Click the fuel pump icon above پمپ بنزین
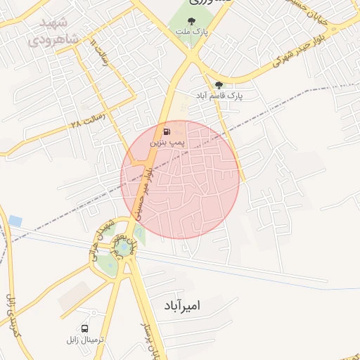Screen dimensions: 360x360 click(x=166, y=131)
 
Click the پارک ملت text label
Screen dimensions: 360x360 click(x=192, y=32)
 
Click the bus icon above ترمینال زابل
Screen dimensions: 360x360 click(x=85, y=328)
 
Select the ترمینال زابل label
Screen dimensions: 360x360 click(x=85, y=339)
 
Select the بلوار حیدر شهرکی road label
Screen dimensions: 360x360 click(x=288, y=63)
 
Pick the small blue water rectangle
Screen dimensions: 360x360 click(x=15, y=221)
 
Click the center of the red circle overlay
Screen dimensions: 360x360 click(x=180, y=180)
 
